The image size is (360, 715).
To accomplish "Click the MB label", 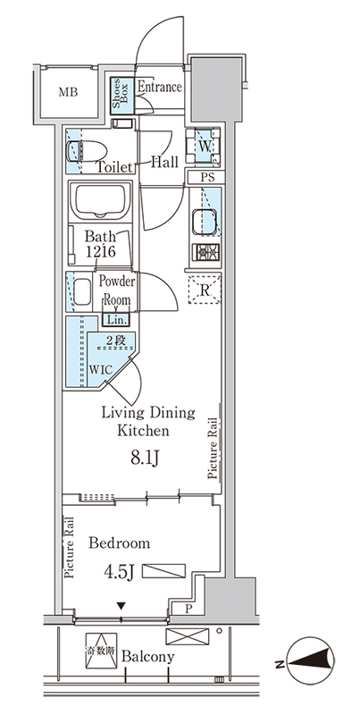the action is pyautogui.click(x=68, y=93).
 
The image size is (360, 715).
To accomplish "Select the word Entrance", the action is pyautogui.click(x=160, y=87).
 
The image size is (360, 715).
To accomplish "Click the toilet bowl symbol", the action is pyautogui.click(x=87, y=150).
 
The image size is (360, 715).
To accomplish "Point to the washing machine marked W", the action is pyautogui.click(x=204, y=147).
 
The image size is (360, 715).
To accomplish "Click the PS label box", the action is pyautogui.click(x=206, y=177).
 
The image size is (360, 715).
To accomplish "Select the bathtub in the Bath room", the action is pyautogui.click(x=101, y=201).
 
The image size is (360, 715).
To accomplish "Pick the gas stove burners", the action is pyautogui.click(x=205, y=252).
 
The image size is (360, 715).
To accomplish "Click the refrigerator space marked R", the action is pyautogui.click(x=205, y=290).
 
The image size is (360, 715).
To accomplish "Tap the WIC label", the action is pyautogui.click(x=100, y=369).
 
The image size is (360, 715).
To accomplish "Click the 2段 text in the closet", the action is pyautogui.click(x=114, y=340).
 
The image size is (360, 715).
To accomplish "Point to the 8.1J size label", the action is pyautogui.click(x=145, y=459).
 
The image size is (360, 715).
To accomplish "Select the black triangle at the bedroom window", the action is pyautogui.click(x=121, y=606).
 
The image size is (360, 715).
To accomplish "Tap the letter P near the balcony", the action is pyautogui.click(x=188, y=609).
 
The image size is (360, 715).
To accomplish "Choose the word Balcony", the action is pyautogui.click(x=147, y=657).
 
